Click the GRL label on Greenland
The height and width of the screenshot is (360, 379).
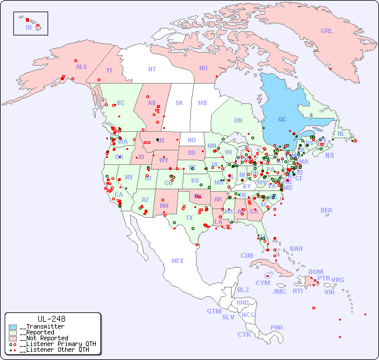(x=327, y=31)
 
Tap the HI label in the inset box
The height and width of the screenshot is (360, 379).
(x=28, y=27)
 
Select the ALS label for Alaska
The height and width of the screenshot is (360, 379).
(x=81, y=67)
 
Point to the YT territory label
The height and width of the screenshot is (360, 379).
(x=109, y=70)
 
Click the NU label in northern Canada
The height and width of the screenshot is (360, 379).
(x=203, y=68)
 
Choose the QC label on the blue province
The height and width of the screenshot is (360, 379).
(x=282, y=119)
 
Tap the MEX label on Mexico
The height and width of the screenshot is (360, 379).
(x=178, y=261)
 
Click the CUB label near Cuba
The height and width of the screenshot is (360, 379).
(x=247, y=255)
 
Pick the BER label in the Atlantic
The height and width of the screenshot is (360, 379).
(x=326, y=210)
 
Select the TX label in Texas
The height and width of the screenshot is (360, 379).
(x=189, y=218)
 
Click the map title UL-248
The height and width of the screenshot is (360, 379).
(x=51, y=319)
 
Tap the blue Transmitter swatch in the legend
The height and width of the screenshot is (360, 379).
(x=13, y=327)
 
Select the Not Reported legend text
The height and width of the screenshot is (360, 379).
(x=44, y=338)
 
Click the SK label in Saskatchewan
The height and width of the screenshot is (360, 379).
(x=179, y=103)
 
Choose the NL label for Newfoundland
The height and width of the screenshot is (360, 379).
(x=341, y=133)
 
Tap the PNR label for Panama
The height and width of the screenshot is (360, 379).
(x=277, y=327)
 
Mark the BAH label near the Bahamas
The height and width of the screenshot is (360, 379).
(x=296, y=249)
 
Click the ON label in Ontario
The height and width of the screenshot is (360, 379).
(x=238, y=120)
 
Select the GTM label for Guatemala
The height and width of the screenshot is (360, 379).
(x=214, y=311)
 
